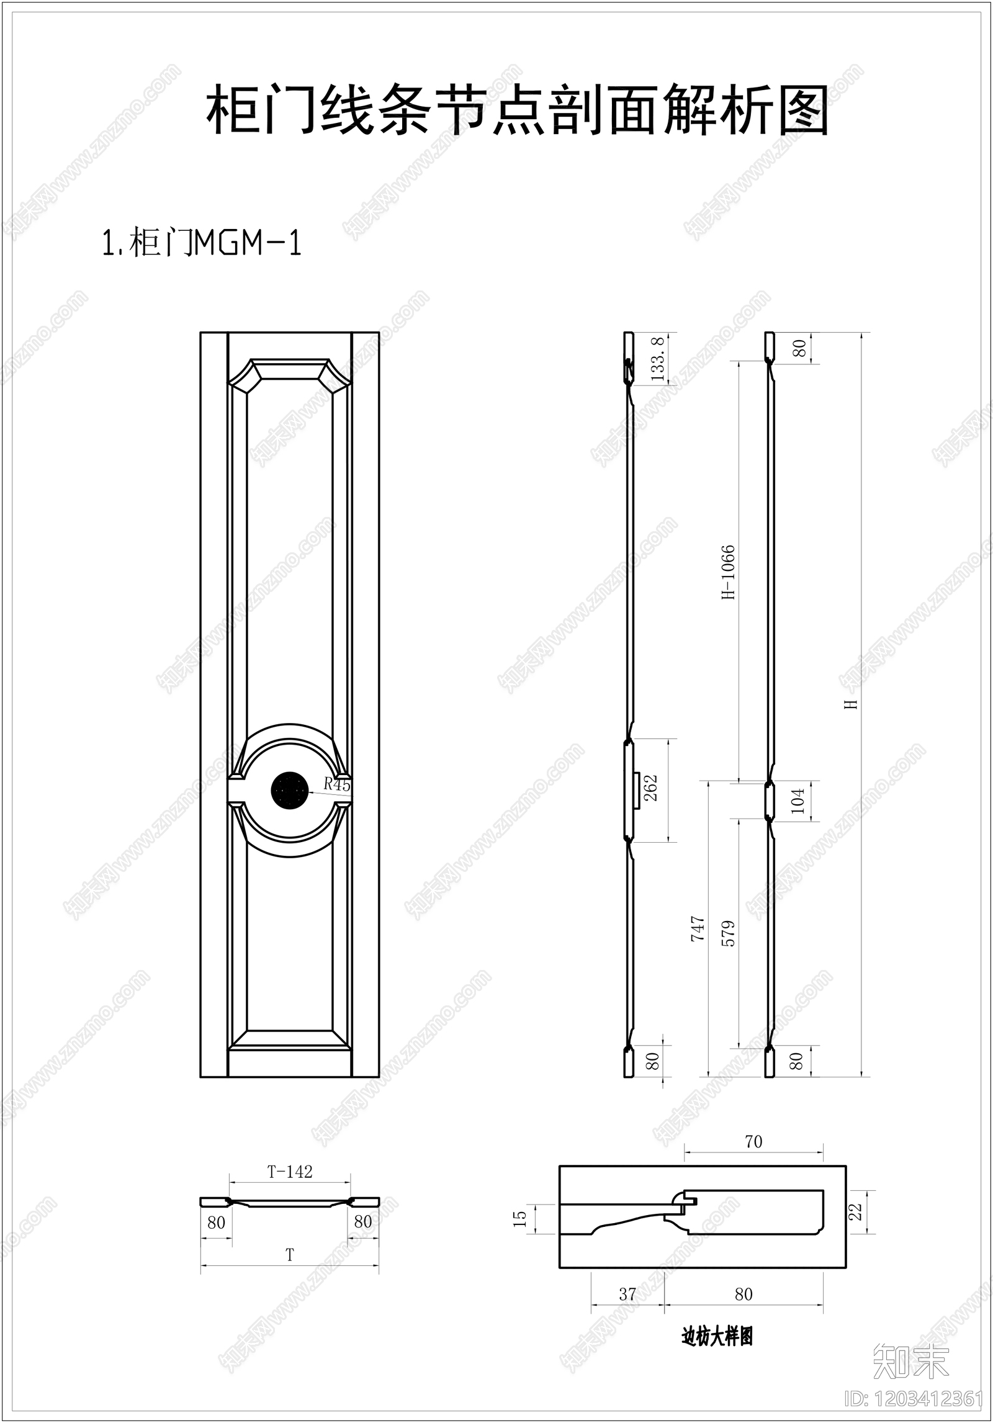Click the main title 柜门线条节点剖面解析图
click(x=518, y=110)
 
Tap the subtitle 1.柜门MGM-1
click(x=202, y=243)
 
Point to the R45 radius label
click(x=337, y=784)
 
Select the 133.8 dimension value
click(x=658, y=359)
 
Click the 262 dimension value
click(x=650, y=789)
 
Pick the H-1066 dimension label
click(x=728, y=572)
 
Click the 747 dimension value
click(x=698, y=929)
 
